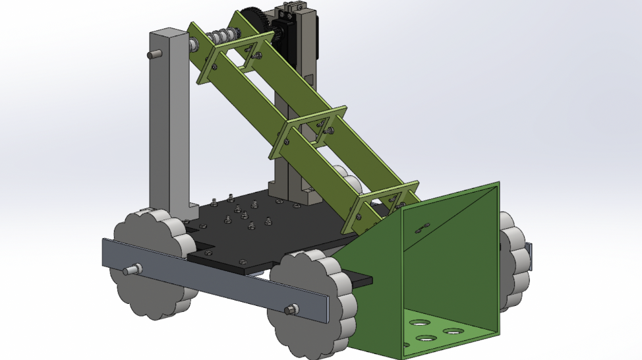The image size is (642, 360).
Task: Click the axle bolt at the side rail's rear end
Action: click(132, 269)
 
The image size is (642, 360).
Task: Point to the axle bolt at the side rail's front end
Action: click(291, 309)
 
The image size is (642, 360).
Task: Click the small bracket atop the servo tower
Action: click(288, 10)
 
